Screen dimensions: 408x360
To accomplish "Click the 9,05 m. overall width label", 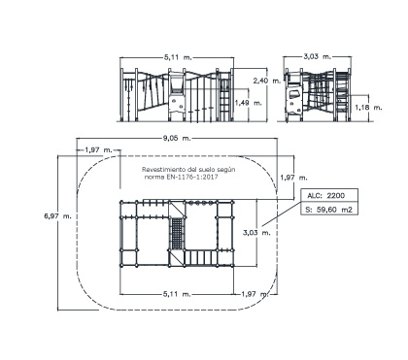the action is coord(177,139).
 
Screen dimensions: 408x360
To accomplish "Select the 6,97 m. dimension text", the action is coord(58,215).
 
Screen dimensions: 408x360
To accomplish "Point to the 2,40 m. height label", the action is coord(267,81).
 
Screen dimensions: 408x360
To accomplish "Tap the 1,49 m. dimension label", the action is coord(248,103).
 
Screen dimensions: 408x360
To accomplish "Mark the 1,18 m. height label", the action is coord(368,108).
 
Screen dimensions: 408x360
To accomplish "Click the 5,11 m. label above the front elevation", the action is coord(178,57).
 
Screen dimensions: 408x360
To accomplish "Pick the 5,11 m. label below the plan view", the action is coord(177,294).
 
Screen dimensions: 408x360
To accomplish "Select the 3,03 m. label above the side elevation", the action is coord(318,56).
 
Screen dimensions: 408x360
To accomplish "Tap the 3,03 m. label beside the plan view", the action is coord(256,233).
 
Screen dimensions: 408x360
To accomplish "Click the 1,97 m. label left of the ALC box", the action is coord(293,178).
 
